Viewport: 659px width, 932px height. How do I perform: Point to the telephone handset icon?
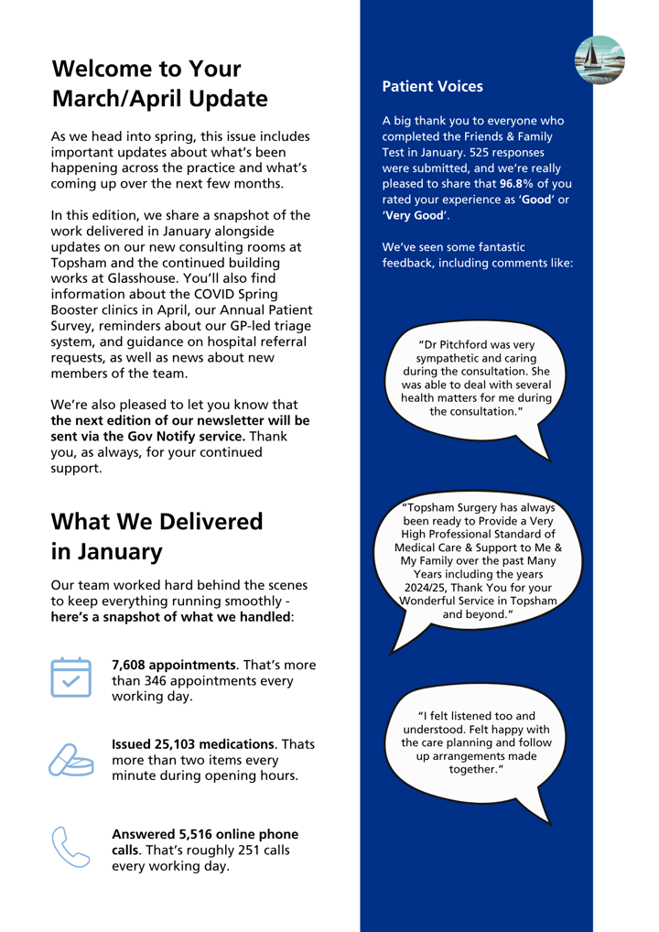point(72,845)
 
